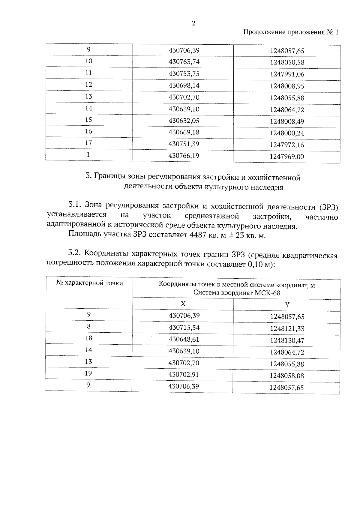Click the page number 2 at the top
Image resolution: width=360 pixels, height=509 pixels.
[193, 23]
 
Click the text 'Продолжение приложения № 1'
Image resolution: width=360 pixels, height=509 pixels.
[290, 32]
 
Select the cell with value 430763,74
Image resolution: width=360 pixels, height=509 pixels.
[184, 62]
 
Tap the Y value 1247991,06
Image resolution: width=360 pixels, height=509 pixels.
[287, 74]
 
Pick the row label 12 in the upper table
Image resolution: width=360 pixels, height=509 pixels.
[88, 85]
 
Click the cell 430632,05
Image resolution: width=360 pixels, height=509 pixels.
[184, 121]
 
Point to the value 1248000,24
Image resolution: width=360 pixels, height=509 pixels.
[287, 133]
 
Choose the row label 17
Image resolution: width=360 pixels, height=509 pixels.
[88, 143]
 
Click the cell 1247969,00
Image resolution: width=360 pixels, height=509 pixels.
[287, 157]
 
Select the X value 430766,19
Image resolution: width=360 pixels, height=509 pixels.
[184, 156]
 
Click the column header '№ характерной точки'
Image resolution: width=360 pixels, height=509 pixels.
[89, 283]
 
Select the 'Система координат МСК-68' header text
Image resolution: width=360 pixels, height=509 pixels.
[237, 293]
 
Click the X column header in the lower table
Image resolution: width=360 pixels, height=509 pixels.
[183, 304]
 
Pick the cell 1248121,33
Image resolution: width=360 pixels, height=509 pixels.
[287, 329]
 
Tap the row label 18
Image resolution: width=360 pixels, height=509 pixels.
[88, 338]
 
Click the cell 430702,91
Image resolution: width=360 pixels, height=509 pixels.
[184, 375]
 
